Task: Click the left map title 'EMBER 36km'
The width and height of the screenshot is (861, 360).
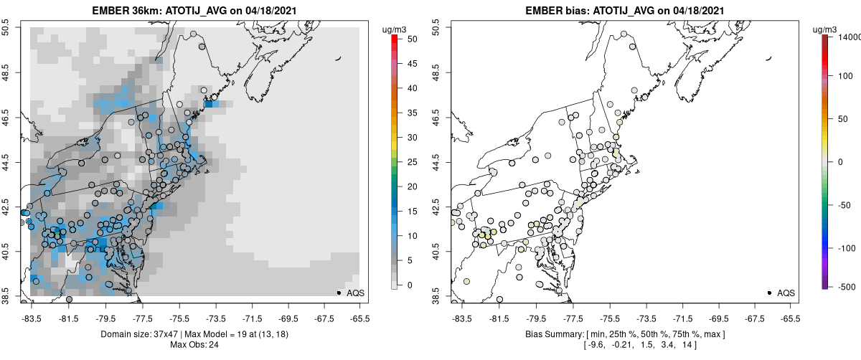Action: tap(123, 11)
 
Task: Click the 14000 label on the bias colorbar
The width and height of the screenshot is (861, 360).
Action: tap(847, 36)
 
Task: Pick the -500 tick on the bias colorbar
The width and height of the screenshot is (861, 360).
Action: tap(847, 286)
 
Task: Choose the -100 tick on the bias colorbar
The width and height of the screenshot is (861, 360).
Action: tap(847, 247)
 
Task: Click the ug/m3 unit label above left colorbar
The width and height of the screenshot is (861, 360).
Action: tap(397, 28)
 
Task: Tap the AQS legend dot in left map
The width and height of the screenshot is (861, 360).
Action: tap(338, 293)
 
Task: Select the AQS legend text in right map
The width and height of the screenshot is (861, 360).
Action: tap(786, 293)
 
